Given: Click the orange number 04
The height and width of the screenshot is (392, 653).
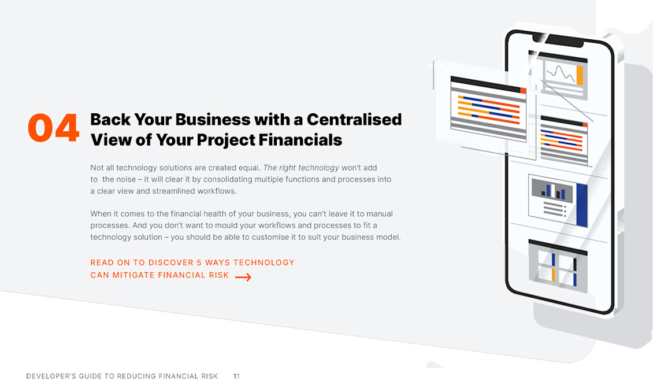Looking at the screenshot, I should tap(53, 128).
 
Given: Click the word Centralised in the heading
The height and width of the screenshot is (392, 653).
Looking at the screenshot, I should tap(354, 119).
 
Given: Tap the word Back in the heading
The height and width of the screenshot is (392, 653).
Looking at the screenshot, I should tap(110, 119).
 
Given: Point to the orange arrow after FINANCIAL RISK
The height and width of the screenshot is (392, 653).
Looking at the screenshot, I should tap(243, 277).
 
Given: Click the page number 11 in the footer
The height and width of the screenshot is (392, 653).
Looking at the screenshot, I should tap(236, 376).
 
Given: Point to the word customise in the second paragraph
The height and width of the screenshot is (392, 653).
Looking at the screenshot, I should tap(270, 237).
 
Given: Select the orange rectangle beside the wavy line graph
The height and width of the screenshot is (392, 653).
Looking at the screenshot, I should tap(580, 75).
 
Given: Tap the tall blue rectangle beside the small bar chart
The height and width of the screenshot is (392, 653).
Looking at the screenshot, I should tap(581, 205).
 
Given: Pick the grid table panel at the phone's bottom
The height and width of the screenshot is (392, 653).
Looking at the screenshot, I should tap(558, 268).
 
